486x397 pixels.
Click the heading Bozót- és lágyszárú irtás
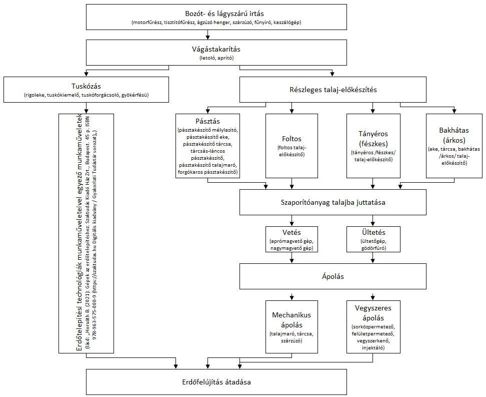click(216, 14)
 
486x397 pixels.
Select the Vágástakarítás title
click(216, 49)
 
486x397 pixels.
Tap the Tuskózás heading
click(86, 86)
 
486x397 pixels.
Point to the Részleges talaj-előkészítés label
click(333, 90)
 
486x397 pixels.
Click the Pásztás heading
click(207, 121)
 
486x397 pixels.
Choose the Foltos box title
click(291, 139)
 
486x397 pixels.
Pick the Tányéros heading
click(373, 134)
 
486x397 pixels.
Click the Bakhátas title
click(454, 130)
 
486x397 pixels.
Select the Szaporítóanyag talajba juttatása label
click(333, 202)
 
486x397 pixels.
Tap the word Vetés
click(291, 232)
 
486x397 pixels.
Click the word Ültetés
click(373, 232)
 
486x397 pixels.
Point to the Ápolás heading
click(333, 276)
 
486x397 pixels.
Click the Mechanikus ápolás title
click(291, 320)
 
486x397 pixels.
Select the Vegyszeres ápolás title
click(373, 313)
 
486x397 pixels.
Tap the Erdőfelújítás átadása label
click(216, 382)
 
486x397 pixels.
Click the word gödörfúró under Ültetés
click(373, 248)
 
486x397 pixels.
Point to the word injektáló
click(373, 347)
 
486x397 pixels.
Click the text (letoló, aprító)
click(216, 58)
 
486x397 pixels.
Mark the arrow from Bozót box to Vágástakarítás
click(207, 35)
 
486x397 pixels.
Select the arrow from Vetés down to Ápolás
click(291, 258)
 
